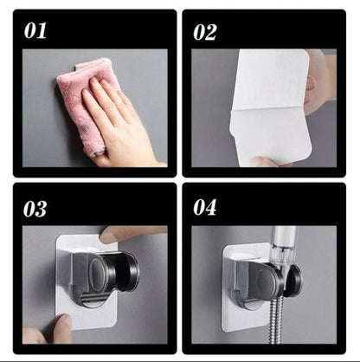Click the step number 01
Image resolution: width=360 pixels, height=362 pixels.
tap(35, 30)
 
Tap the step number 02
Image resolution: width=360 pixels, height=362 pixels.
tap(205, 32)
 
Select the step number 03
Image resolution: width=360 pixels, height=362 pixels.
tap(35, 209)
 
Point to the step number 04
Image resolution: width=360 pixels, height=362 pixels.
tap(205, 207)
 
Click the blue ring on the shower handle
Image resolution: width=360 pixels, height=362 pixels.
tap(281, 249)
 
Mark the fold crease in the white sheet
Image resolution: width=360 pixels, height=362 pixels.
tap(271, 109)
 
